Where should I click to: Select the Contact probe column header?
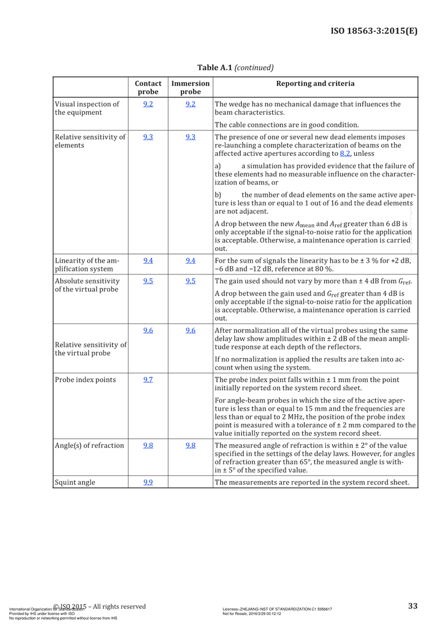click(148, 87)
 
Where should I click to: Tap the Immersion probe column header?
click(190, 87)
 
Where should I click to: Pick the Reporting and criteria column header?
click(315, 84)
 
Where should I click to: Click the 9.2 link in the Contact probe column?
click(148, 104)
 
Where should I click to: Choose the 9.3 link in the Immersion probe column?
click(190, 137)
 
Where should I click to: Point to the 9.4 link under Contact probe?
click(148, 261)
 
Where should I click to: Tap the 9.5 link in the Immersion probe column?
click(190, 281)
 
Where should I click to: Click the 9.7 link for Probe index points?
click(148, 380)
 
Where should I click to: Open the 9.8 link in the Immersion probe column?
click(190, 446)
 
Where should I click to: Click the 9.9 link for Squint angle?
click(148, 483)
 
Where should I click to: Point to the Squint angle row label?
click(75, 483)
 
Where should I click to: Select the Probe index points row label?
click(85, 380)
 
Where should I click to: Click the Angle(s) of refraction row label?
click(88, 446)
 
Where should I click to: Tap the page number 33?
click(412, 606)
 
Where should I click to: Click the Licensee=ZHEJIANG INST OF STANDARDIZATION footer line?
click(277, 610)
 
